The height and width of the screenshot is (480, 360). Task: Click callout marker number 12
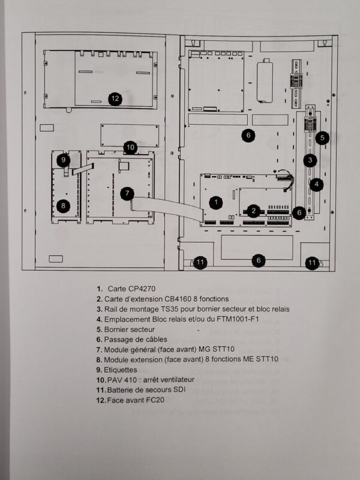115,98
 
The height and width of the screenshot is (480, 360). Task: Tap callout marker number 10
130,148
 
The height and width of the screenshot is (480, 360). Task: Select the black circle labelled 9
64,160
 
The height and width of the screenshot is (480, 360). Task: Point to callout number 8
64,205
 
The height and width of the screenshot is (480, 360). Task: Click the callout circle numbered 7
127,193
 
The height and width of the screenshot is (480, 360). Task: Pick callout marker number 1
216,202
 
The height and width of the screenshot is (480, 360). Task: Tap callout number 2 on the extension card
253,211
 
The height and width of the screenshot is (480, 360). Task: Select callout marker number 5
322,138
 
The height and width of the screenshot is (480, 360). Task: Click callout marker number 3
310,160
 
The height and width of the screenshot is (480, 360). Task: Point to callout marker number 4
317,184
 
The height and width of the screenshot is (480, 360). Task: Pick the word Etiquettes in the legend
121,370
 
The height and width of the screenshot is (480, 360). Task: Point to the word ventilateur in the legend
176,380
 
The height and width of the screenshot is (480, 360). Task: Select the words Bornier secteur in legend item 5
130,329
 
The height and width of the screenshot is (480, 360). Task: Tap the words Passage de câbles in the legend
136,340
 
